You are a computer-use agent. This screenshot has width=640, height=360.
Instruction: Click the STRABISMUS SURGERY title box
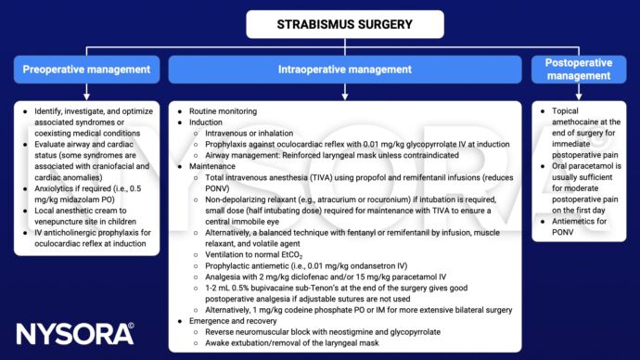coord(320,25)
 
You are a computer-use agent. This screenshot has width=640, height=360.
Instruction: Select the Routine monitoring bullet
coord(217,109)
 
